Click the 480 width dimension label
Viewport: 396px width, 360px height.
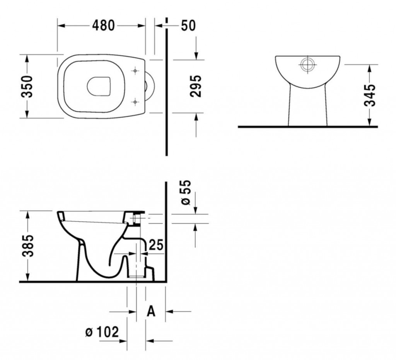coord(103,25)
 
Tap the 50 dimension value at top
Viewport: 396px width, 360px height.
coord(188,25)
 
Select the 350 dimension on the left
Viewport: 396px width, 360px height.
coord(27,86)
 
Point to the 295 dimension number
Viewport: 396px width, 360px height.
coord(196,86)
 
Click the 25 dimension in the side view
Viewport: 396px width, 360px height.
coord(156,245)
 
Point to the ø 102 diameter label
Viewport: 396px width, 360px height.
coord(102,332)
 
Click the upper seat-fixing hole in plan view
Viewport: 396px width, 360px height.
coord(135,71)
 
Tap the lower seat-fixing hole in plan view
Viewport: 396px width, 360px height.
coord(135,102)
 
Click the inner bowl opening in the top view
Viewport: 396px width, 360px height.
coord(99,86)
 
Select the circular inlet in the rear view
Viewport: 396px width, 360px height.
coord(307,64)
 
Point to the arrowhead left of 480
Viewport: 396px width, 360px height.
coord(61,25)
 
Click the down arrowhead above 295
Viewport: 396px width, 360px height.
coord(196,56)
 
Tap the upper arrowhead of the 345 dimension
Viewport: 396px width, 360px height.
coord(369,68)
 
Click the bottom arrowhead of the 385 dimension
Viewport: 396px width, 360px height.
coord(27,277)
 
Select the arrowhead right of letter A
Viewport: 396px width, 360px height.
coord(169,312)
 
